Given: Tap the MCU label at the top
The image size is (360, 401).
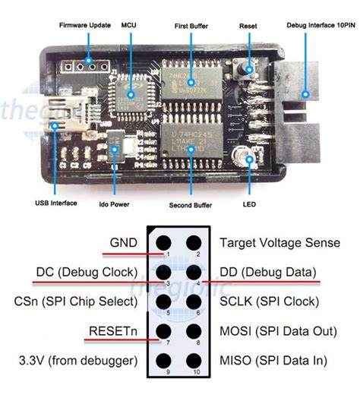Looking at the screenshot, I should pos(128,25).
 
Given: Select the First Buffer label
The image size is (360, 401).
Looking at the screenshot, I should pos(191,25).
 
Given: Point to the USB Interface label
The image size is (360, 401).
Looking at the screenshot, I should pos(55,204).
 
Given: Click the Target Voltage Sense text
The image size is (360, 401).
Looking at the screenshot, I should pos(279,243).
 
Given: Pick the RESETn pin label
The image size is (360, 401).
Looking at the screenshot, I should pos(114,330).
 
